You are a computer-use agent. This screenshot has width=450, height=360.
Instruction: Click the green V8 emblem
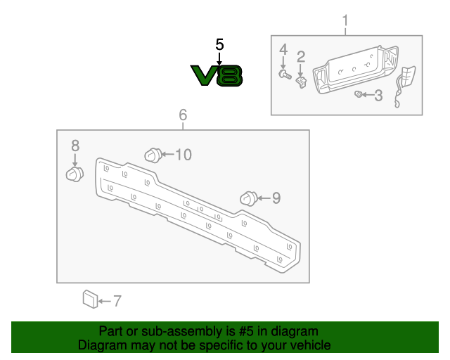[217, 75]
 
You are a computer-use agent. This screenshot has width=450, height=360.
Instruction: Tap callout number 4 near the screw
[284, 49]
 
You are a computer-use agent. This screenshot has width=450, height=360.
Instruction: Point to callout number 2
[301, 56]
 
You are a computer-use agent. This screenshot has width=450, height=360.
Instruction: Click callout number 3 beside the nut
[378, 95]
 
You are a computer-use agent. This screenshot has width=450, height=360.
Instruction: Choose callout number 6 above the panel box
[183, 114]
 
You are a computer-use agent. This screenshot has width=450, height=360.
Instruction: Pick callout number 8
[75, 146]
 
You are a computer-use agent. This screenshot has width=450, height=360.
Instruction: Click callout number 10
[183, 155]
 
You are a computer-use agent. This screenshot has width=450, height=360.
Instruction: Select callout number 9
[276, 199]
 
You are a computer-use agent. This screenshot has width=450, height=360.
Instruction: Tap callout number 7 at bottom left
[117, 301]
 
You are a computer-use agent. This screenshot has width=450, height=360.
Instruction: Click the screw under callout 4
[285, 73]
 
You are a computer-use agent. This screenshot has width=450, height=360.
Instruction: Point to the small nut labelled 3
[359, 94]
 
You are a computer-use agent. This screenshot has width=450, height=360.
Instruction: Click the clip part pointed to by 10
[152, 155]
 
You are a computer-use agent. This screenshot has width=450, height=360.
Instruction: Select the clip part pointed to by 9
[248, 198]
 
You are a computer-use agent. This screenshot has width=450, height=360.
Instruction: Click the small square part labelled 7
[89, 299]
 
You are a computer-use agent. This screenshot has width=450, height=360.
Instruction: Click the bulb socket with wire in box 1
[406, 80]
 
